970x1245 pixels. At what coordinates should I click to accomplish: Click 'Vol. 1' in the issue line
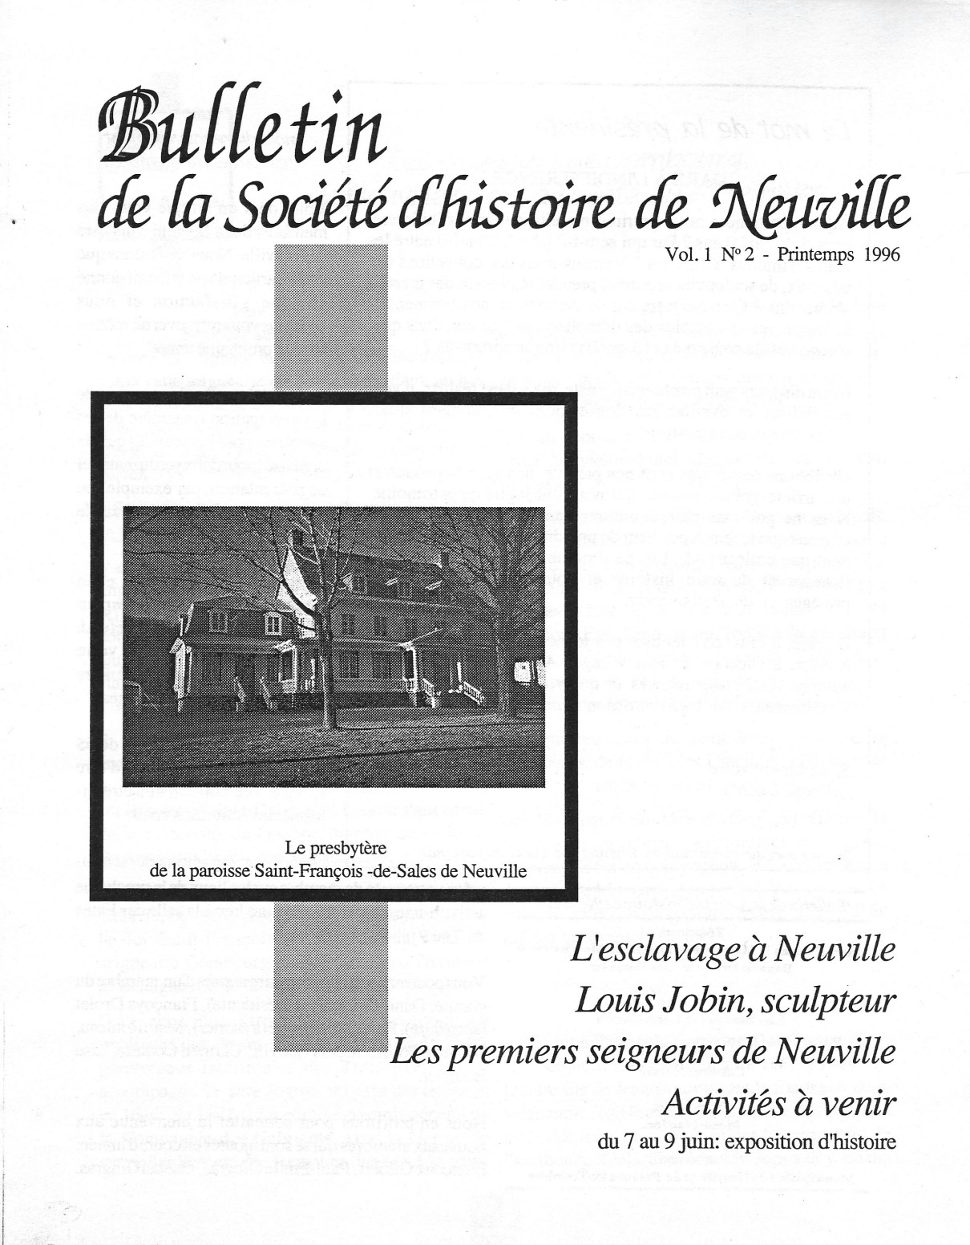(686, 255)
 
